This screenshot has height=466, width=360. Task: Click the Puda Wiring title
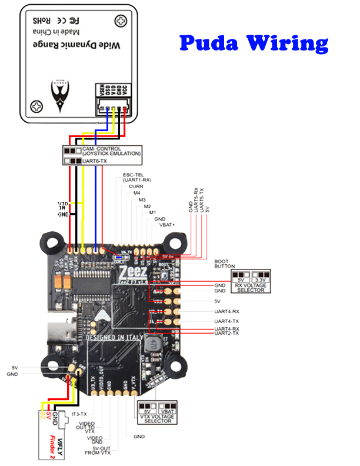pos(254,43)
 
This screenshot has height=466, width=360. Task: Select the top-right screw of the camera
pos(121,21)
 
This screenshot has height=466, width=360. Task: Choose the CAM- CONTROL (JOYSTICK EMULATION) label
pos(111,151)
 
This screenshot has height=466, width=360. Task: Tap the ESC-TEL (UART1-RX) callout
pos(137,177)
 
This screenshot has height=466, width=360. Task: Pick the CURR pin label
pos(136,187)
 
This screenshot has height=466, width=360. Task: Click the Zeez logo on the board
pos(131,272)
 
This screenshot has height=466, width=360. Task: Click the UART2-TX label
pos(226,333)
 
